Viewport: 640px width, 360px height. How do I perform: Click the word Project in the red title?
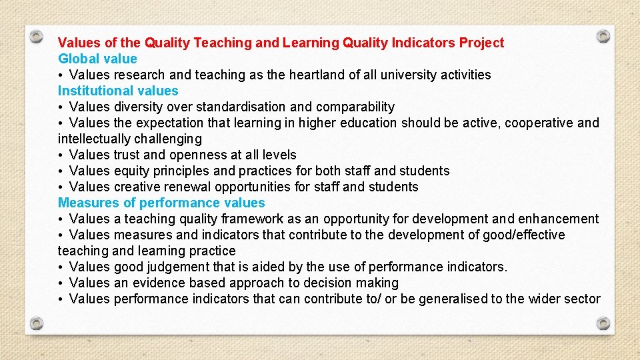click(x=481, y=43)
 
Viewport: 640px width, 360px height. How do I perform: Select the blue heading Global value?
click(x=97, y=59)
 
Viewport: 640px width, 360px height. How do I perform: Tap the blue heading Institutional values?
click(x=118, y=91)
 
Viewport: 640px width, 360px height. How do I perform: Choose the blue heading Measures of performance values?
click(x=161, y=203)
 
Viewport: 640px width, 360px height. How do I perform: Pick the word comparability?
click(x=355, y=107)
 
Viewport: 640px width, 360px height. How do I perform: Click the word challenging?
click(x=167, y=139)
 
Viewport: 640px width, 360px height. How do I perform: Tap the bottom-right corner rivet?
click(x=603, y=323)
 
